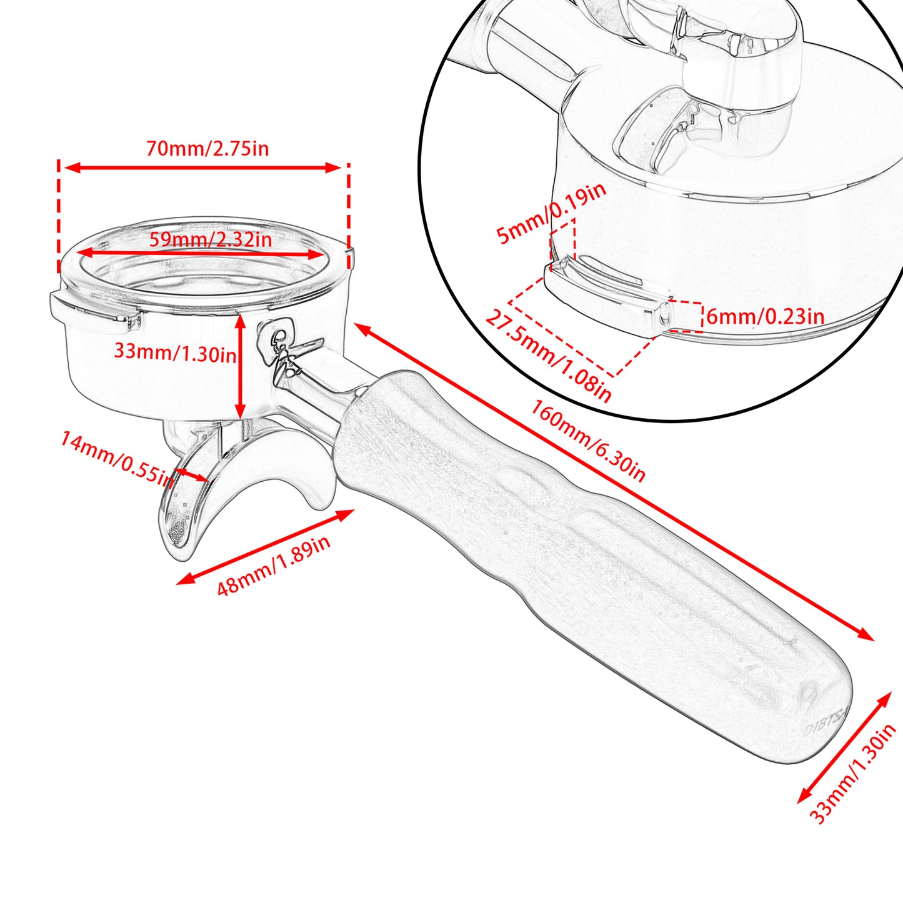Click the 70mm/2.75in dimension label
pyautogui.click(x=207, y=149)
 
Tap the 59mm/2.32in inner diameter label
pyautogui.click(x=211, y=239)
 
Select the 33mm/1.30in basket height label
pyautogui.click(x=175, y=351)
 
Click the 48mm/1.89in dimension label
pyautogui.click(x=274, y=565)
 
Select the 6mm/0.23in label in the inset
pyautogui.click(x=766, y=317)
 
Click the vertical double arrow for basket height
pyautogui.click(x=240, y=366)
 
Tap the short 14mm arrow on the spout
pyautogui.click(x=191, y=475)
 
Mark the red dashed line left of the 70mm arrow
pyautogui.click(x=59, y=216)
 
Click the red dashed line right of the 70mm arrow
pyautogui.click(x=348, y=216)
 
